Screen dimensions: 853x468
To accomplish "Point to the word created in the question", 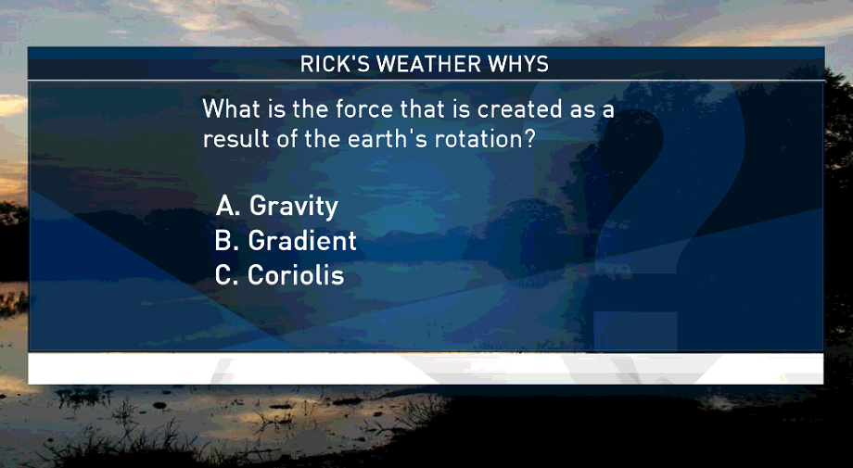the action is pos(519,108).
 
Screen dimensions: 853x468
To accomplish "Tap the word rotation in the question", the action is pos(472,139).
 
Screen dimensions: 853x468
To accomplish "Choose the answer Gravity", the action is pos(294,207).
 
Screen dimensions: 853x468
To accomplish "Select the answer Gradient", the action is pos(302,241).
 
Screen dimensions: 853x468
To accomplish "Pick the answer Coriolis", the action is pos(296,275).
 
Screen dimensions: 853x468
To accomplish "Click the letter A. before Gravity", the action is pos(228,206).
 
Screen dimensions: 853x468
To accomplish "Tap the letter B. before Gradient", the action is pos(227,241).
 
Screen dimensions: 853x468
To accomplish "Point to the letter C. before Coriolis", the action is pos(227,275).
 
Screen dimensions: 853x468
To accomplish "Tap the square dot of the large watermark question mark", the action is pos(635,331).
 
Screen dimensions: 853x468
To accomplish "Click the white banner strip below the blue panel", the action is pos(426,369).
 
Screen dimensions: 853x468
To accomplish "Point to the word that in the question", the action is pos(419,108).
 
